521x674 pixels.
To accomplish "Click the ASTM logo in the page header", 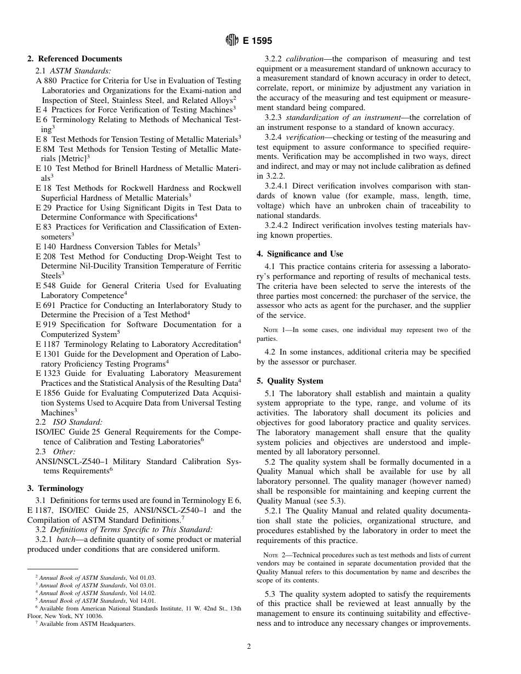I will point(232,41).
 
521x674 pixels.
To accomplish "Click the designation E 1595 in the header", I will point(257,41).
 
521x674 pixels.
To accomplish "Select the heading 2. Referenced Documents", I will point(75,59).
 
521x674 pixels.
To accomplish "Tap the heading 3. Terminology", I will point(55,488).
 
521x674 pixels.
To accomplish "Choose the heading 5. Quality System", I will point(290,381).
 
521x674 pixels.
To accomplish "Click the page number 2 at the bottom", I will point(248,647).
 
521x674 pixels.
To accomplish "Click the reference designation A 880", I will point(46,81).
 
